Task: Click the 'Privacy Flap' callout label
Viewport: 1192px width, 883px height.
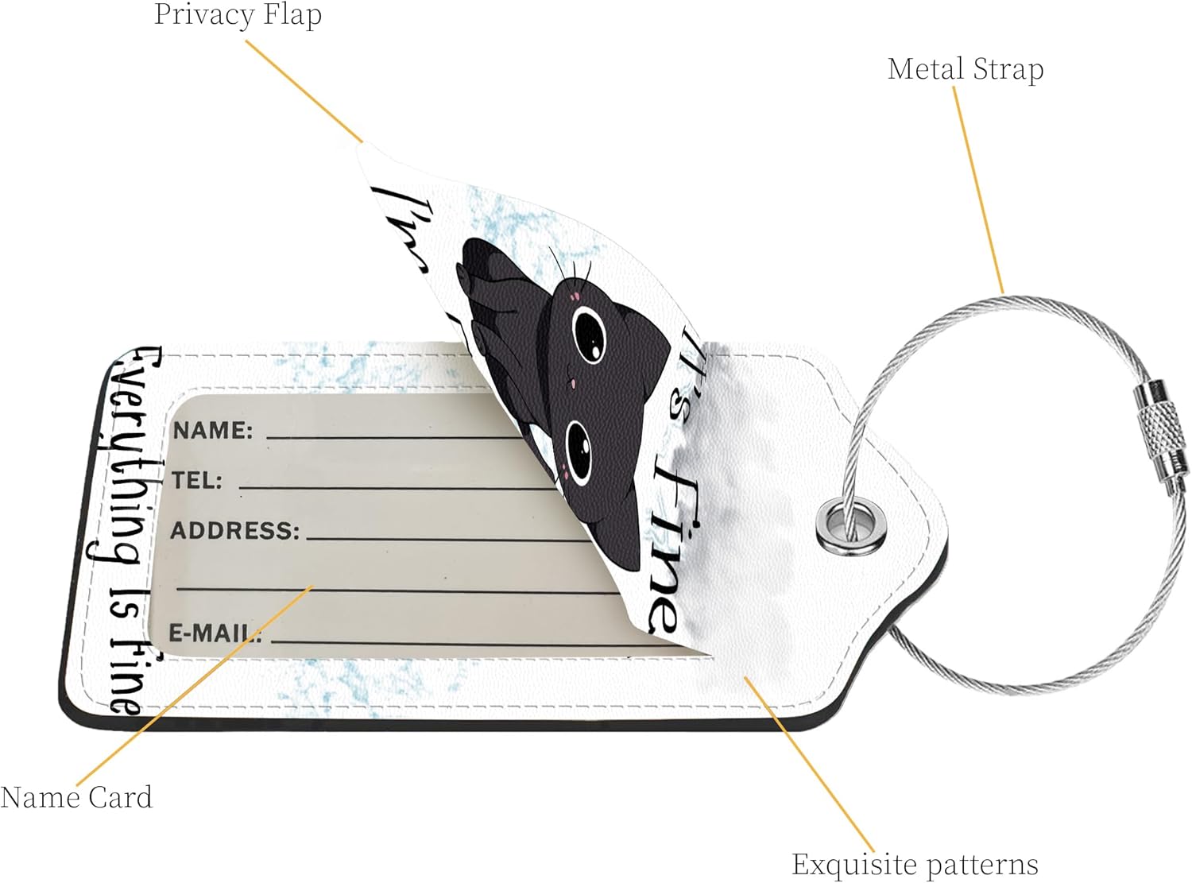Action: pos(238,15)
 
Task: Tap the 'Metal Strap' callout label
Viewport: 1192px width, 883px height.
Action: pos(965,69)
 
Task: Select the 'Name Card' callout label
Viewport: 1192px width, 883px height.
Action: pos(76,797)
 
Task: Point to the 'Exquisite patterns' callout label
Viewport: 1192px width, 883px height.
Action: pos(915,864)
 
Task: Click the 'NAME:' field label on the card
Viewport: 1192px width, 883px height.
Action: pos(212,431)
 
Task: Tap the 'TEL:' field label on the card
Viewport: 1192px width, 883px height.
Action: pos(197,481)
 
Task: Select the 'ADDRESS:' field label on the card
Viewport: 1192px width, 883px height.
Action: pos(235,531)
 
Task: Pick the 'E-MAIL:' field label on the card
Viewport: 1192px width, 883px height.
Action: pos(215,633)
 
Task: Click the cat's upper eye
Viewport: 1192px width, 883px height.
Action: pos(589,332)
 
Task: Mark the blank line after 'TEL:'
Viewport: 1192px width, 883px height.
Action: pos(397,486)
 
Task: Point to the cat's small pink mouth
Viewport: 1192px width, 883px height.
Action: pos(569,385)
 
